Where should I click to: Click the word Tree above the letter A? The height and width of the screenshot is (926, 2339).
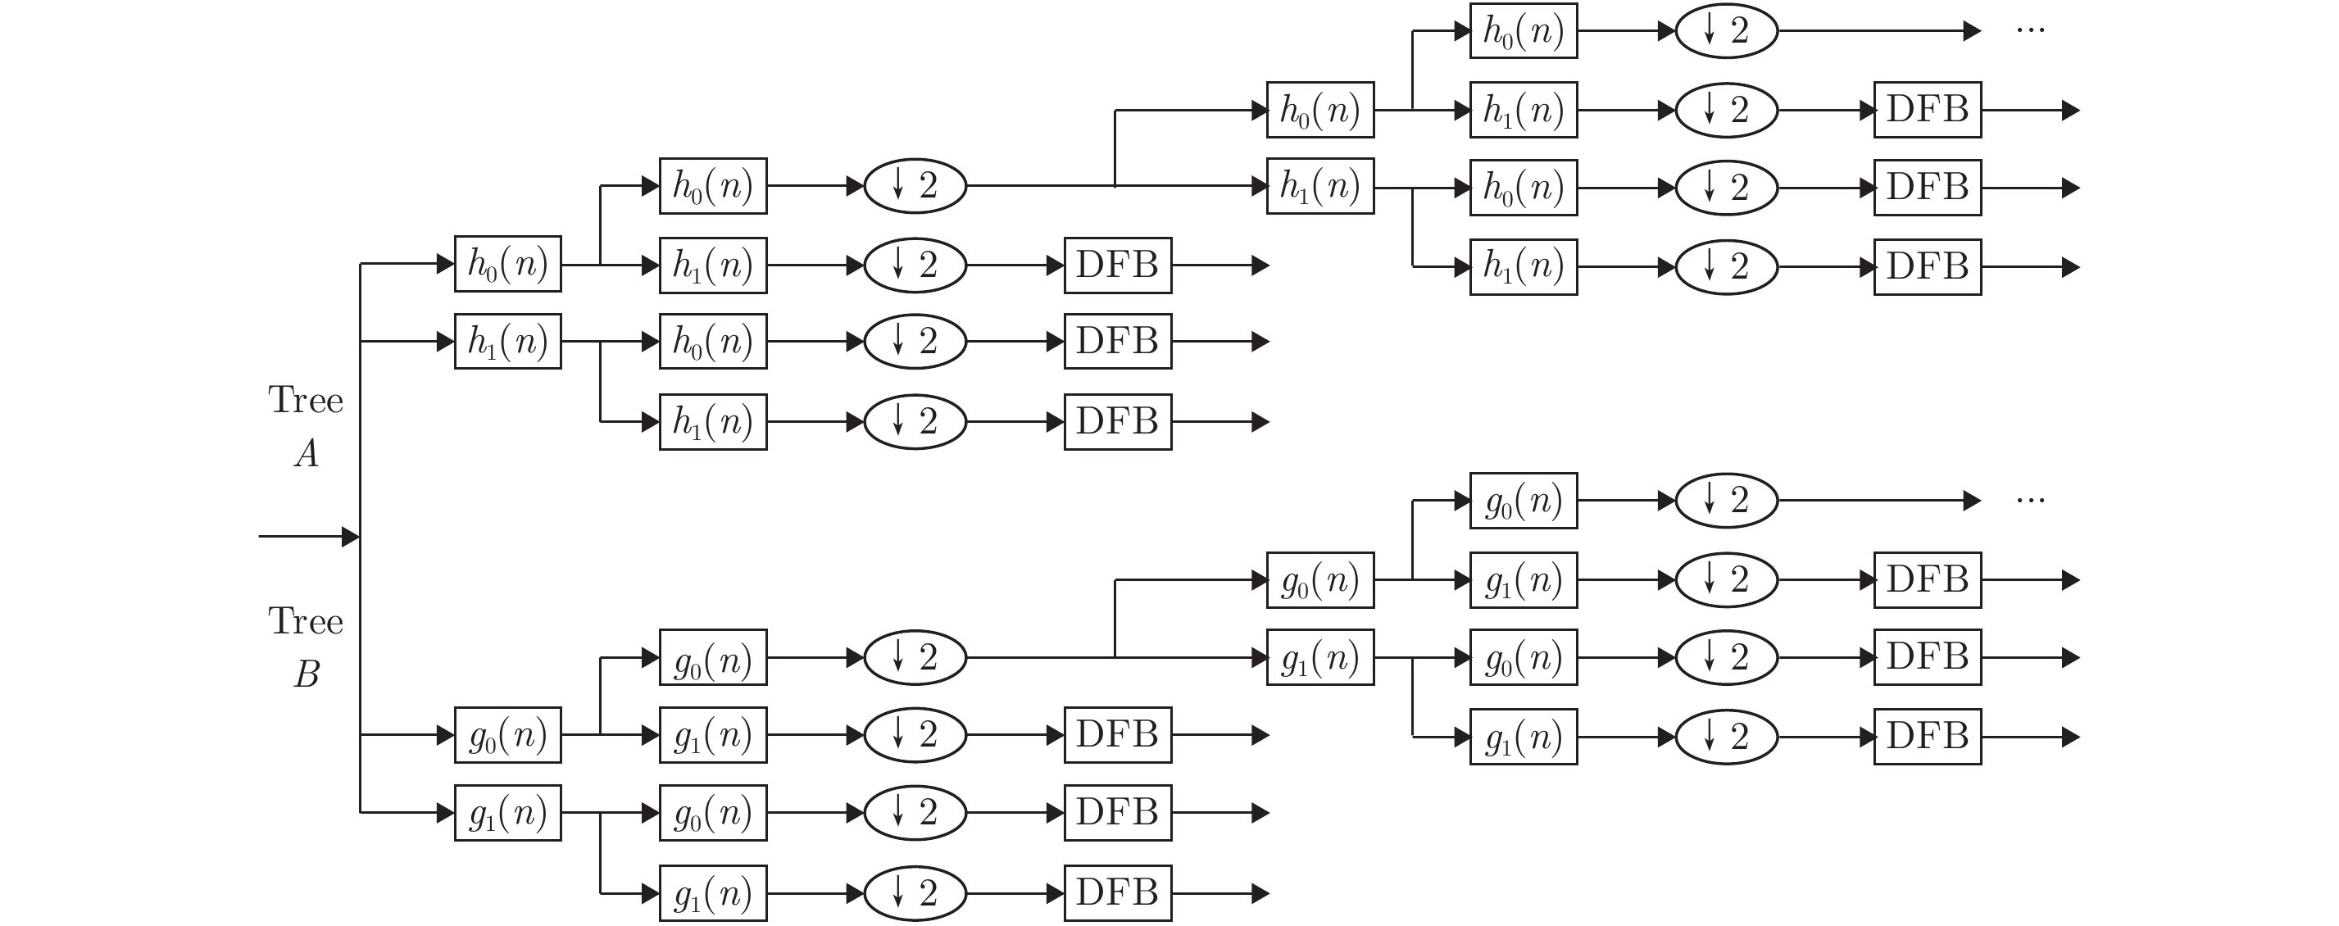click(x=305, y=401)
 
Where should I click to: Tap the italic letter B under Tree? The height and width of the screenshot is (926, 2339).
click(x=307, y=674)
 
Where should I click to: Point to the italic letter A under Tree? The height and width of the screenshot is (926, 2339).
click(x=307, y=453)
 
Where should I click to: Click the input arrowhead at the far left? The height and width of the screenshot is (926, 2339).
click(x=350, y=537)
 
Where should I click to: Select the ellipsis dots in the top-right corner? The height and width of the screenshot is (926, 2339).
click(x=2029, y=31)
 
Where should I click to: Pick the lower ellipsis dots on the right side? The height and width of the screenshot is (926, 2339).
click(x=2029, y=500)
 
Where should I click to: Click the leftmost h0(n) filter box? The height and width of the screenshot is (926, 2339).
click(x=507, y=264)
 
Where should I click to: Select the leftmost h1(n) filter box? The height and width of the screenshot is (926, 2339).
click(x=507, y=342)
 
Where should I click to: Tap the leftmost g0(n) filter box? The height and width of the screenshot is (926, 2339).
click(x=507, y=734)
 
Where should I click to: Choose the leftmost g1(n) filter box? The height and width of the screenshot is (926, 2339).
click(x=507, y=813)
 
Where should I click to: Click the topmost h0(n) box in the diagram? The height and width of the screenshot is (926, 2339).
click(x=1523, y=31)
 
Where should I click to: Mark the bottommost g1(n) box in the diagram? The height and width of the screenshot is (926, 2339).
click(x=713, y=893)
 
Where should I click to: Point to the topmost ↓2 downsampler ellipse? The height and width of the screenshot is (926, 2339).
click(x=1725, y=31)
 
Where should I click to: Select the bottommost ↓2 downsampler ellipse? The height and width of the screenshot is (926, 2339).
click(x=915, y=893)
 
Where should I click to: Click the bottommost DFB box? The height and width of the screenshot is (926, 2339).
click(x=1117, y=893)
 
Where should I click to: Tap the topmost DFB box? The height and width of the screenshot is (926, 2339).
click(x=1927, y=110)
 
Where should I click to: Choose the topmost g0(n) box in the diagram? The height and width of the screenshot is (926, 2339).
click(x=1523, y=500)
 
